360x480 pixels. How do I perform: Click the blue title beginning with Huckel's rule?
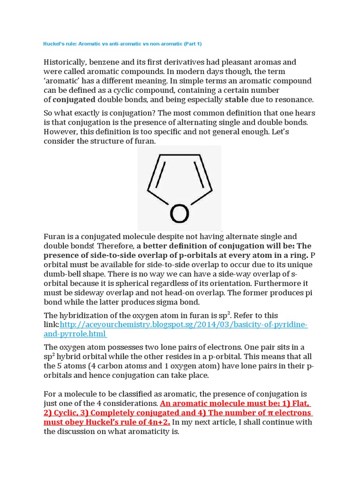tap(122, 44)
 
